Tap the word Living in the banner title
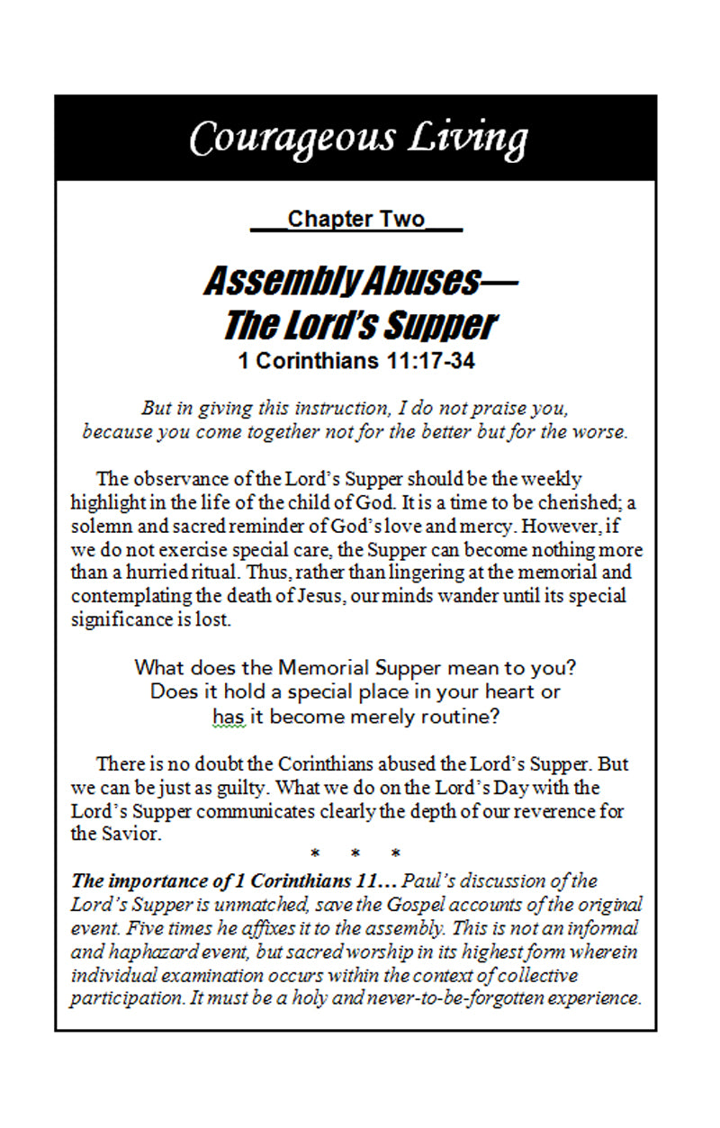point(469,139)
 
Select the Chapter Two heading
point(356,220)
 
